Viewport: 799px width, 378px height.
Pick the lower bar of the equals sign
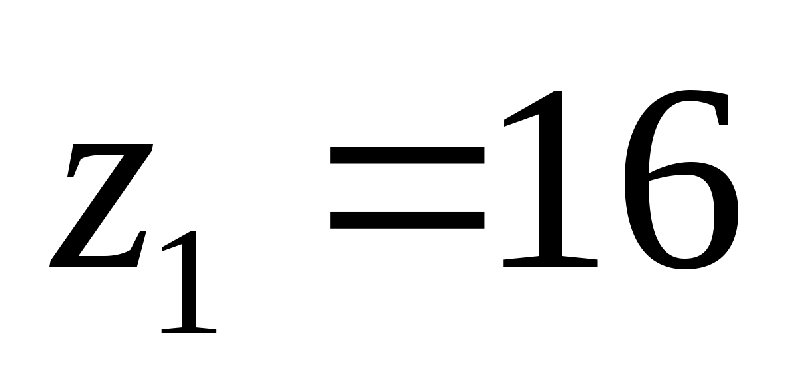pos(406,220)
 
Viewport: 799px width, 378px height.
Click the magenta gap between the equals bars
pos(406,188)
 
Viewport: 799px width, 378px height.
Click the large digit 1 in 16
pos(549,180)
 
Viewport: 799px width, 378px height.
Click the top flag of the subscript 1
pos(174,244)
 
